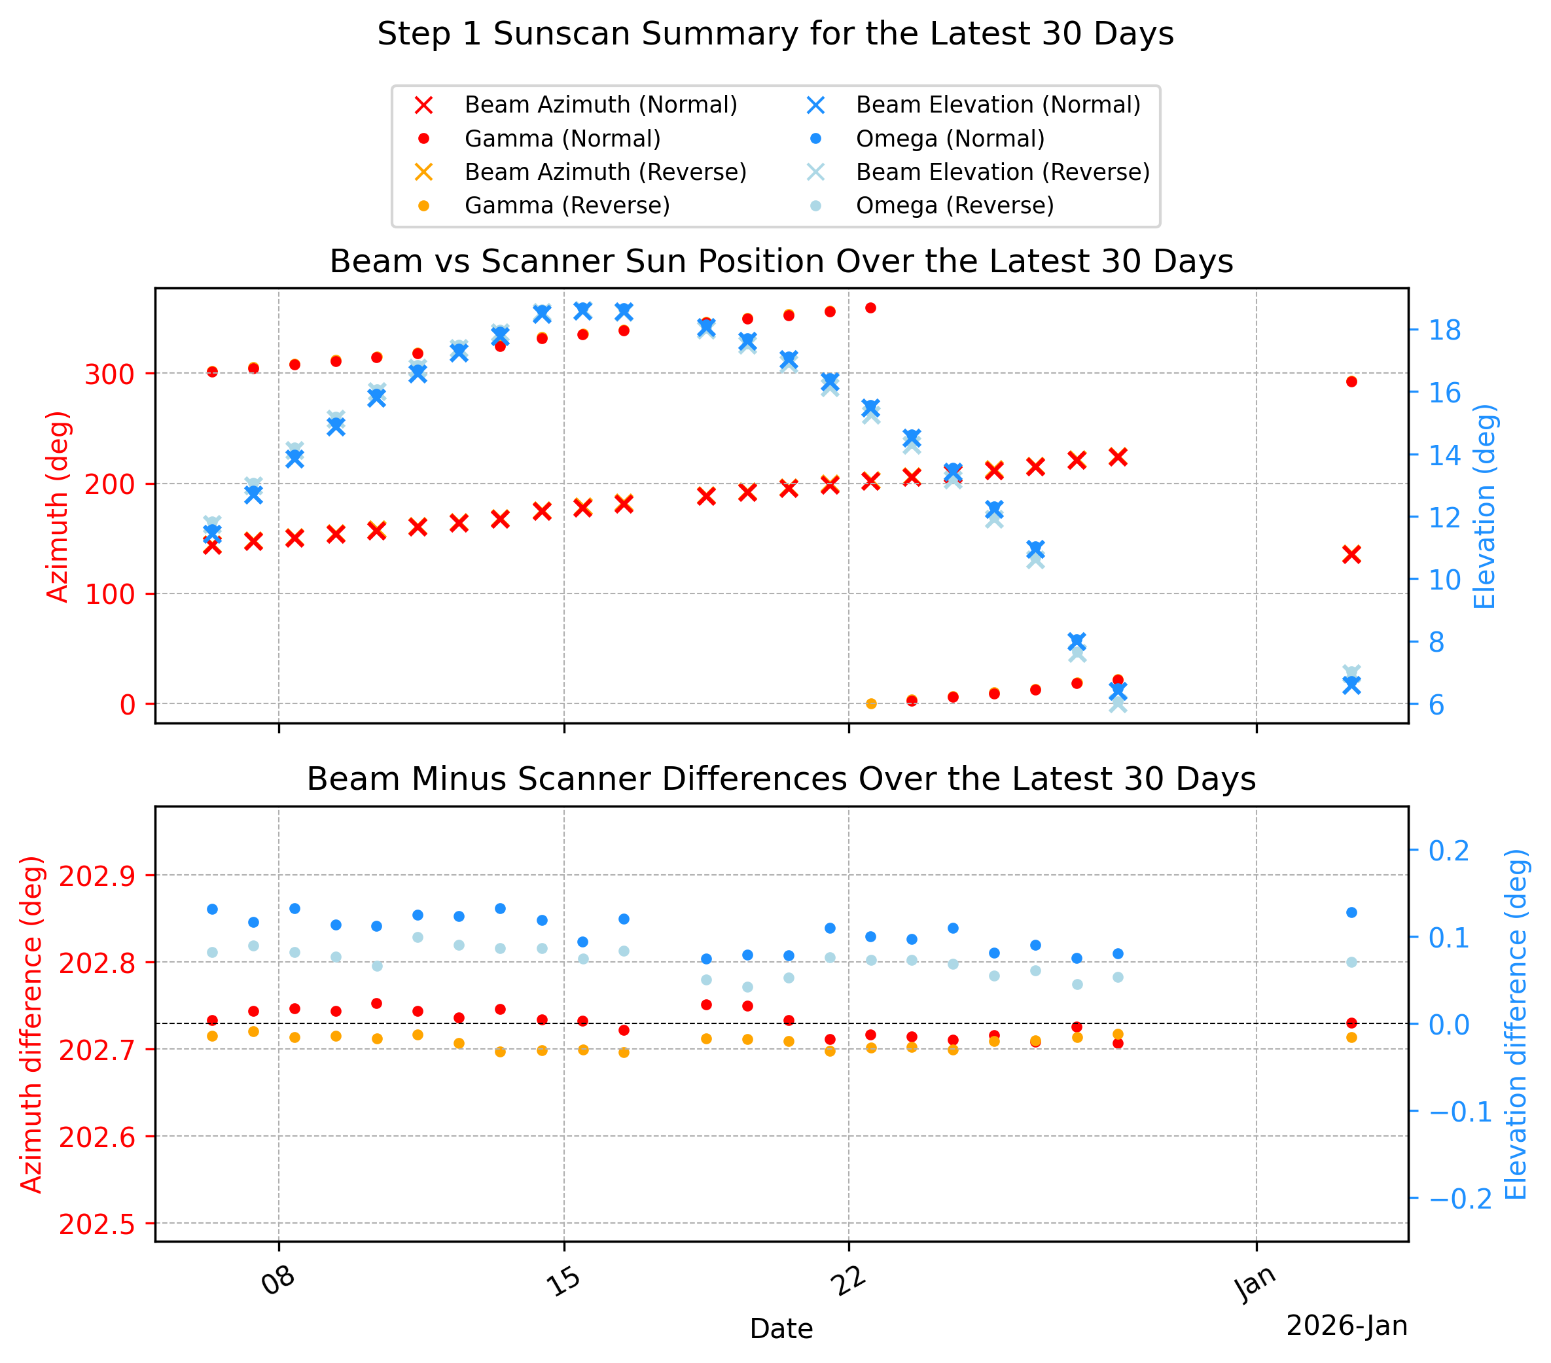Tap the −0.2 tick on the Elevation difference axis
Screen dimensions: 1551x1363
(1461, 1199)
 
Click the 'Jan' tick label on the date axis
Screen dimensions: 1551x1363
(1256, 1283)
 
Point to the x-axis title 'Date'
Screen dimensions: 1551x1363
(781, 1329)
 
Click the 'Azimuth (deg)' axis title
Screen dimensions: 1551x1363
(58, 507)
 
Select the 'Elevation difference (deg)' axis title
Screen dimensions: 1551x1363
(1516, 1025)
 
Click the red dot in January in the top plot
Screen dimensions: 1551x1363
(1351, 381)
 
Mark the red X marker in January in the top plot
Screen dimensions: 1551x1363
(1351, 555)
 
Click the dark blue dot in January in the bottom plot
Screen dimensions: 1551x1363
(1351, 912)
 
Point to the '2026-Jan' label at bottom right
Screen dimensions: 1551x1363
(1347, 1326)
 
